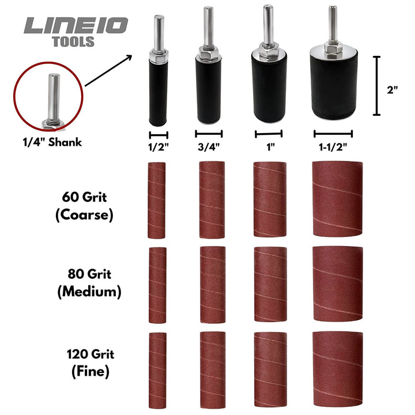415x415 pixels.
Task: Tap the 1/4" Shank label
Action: (48, 142)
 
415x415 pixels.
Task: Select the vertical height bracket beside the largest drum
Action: (377, 85)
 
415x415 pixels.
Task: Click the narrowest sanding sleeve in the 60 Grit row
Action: (157, 200)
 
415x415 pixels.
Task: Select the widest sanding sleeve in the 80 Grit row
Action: (337, 284)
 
